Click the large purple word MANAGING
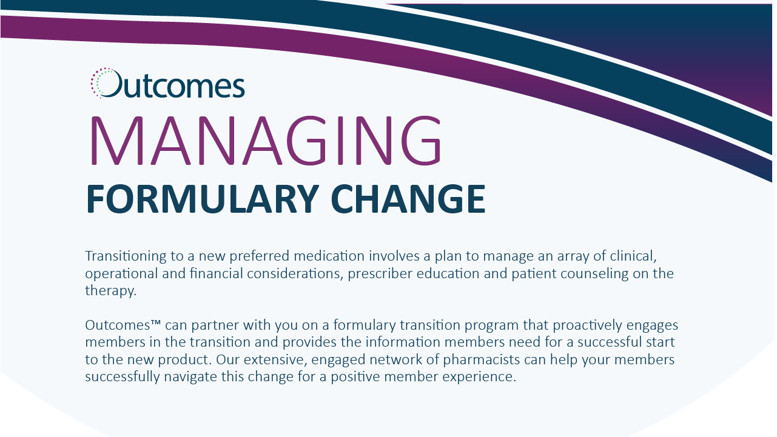[x=266, y=141]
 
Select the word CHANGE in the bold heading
[x=408, y=199]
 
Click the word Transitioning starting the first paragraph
[x=126, y=256]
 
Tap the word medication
[x=329, y=256]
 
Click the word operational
[x=121, y=274]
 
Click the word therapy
[x=110, y=291]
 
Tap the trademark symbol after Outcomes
[x=156, y=322]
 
